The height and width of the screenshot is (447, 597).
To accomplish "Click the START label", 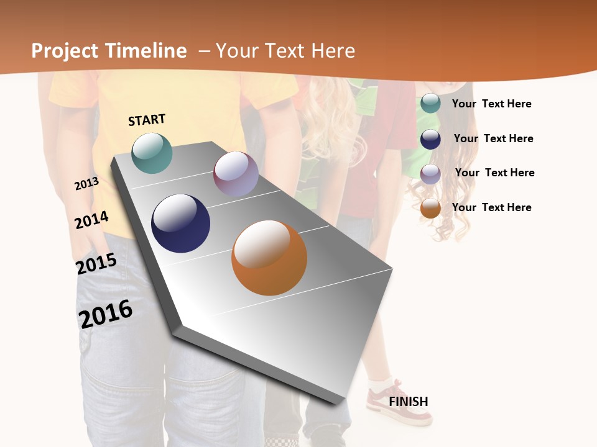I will pyautogui.click(x=147, y=120).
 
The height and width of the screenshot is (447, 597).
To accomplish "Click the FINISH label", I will pyautogui.click(x=409, y=402).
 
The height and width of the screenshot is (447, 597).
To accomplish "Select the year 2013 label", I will pyautogui.click(x=86, y=184).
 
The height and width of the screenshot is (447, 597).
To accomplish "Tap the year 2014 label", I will pyautogui.click(x=91, y=220).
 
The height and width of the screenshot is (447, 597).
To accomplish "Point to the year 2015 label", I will pyautogui.click(x=96, y=264).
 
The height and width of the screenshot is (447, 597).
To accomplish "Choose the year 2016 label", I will pyautogui.click(x=106, y=314).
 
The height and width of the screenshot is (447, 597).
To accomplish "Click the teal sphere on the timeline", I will pyautogui.click(x=152, y=153).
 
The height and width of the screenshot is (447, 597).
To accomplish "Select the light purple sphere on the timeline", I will pyautogui.click(x=236, y=174).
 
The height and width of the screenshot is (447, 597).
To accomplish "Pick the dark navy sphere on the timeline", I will pyautogui.click(x=180, y=223).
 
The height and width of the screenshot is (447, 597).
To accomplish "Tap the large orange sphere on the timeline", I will pyautogui.click(x=269, y=258).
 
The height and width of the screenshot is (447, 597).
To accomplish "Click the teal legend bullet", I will pyautogui.click(x=430, y=103).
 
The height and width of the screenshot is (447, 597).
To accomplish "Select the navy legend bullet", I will pyautogui.click(x=430, y=139).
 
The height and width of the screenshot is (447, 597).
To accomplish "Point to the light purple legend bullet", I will pyautogui.click(x=430, y=174).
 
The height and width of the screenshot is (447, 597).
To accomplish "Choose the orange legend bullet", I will pyautogui.click(x=430, y=209).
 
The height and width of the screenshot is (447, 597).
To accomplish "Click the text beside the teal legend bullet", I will pyautogui.click(x=491, y=104).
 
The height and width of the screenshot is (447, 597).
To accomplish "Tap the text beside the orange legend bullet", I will pyautogui.click(x=491, y=207).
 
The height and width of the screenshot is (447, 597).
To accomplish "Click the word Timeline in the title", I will pyautogui.click(x=146, y=51).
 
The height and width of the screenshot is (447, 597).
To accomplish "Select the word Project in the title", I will pyautogui.click(x=65, y=51).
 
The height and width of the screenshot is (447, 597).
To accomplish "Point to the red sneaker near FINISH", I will pyautogui.click(x=398, y=407).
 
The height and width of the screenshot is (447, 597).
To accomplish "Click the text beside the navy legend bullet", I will pyautogui.click(x=493, y=138).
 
